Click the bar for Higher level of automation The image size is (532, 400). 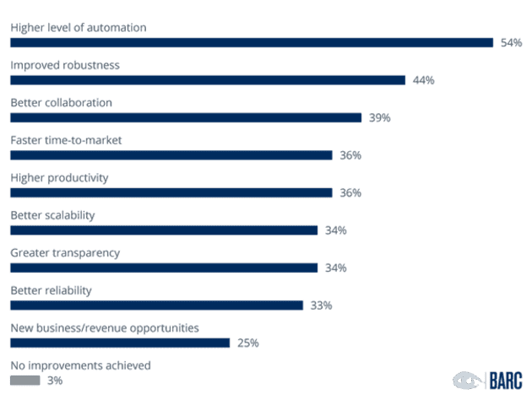click(x=251, y=42)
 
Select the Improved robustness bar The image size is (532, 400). click(x=207, y=80)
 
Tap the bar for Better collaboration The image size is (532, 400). click(x=186, y=117)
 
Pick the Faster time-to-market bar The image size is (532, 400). click(x=171, y=155)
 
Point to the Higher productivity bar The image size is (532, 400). click(x=171, y=192)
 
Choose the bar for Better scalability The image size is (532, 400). click(x=164, y=230)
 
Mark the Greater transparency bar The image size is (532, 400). click(x=164, y=268)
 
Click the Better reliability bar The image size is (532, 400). click(x=156, y=305)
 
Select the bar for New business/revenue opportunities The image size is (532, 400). click(x=119, y=343)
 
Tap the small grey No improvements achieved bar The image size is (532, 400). click(x=24, y=381)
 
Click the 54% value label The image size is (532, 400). click(x=511, y=42)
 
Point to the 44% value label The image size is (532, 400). click(x=423, y=80)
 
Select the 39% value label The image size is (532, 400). click(x=379, y=117)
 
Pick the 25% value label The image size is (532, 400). click(x=247, y=343)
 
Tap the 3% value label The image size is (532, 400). click(x=55, y=381)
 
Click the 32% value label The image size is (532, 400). click(x=320, y=305)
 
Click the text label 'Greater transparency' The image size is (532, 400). click(x=65, y=253)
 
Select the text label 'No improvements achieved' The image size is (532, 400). click(x=80, y=365)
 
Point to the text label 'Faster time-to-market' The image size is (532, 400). click(x=66, y=140)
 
